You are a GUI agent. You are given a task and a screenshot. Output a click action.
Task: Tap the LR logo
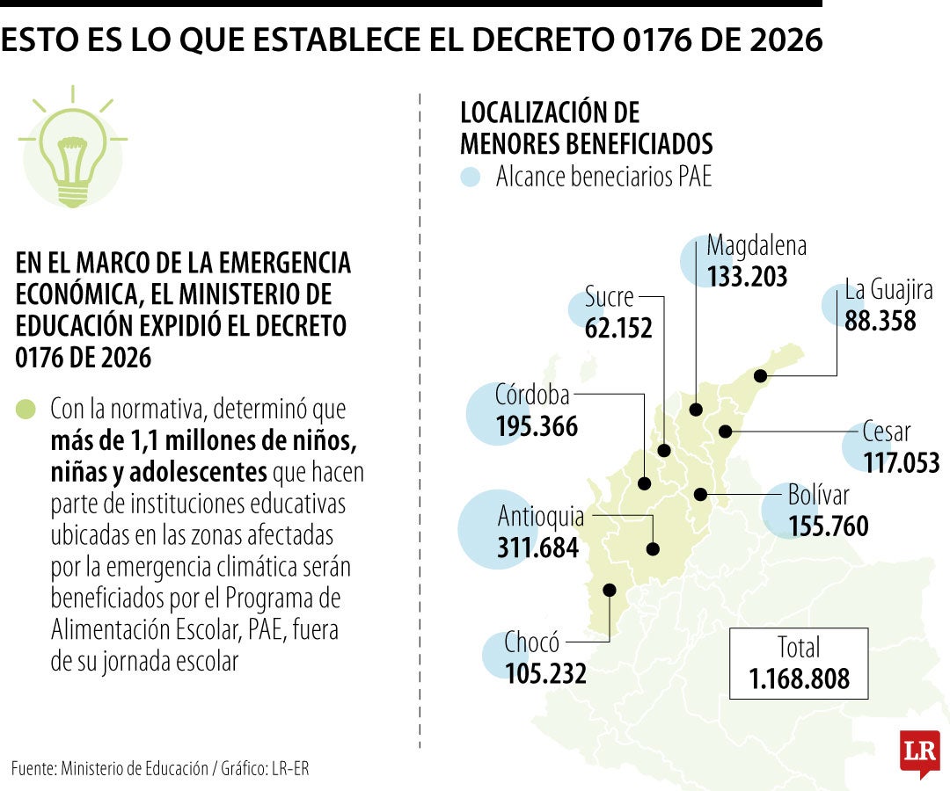919,751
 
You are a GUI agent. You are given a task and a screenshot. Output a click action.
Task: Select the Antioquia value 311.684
538,548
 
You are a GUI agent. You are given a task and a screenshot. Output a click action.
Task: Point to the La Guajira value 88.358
881,320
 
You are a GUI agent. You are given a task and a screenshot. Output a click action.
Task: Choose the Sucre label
609,297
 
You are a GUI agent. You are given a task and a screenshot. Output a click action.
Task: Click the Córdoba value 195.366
537,426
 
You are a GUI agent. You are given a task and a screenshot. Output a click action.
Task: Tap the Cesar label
887,432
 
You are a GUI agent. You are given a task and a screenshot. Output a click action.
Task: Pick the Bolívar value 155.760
829,526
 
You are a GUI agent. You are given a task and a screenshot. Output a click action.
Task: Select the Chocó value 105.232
545,673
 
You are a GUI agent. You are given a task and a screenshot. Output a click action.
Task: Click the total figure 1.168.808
800,679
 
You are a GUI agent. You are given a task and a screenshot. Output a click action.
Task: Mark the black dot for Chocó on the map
609,590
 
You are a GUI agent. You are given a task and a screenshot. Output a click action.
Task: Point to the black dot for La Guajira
761,376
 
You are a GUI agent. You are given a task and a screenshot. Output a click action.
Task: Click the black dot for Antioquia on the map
653,548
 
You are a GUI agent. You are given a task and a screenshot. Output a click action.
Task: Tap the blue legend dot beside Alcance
471,177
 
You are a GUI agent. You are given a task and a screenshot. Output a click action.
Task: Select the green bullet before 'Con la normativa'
26,410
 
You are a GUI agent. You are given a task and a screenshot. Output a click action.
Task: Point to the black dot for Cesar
726,431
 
